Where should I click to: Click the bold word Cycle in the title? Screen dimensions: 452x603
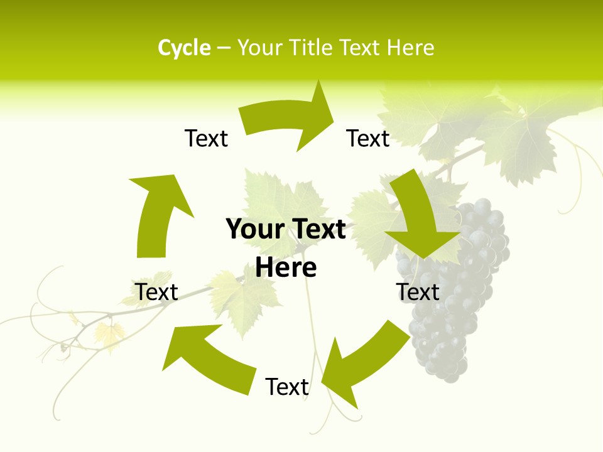tap(184, 48)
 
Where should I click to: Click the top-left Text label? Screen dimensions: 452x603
tap(206, 139)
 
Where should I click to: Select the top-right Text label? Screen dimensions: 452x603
tap(368, 139)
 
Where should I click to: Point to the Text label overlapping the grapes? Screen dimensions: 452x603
tap(418, 292)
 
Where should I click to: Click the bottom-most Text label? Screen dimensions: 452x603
tap(287, 387)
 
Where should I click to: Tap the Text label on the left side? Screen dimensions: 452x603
tap(156, 292)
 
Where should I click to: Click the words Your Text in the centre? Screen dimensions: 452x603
tap(286, 230)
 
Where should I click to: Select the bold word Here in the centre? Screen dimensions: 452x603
tap(286, 268)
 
